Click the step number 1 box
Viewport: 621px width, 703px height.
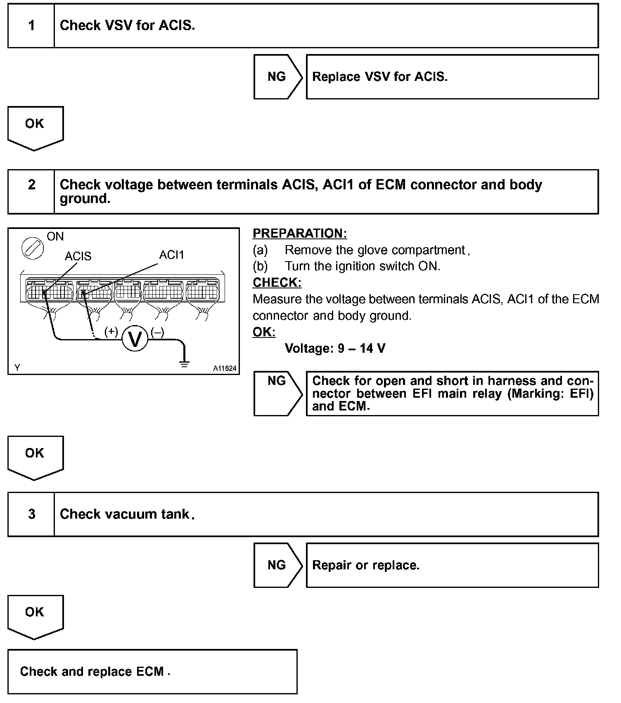click(31, 26)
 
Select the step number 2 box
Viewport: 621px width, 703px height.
click(31, 191)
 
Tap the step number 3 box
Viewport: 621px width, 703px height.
click(31, 514)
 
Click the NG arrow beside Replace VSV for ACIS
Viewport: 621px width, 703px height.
click(277, 77)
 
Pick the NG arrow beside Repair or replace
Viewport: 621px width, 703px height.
click(277, 565)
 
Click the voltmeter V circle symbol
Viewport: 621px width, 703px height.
click(135, 338)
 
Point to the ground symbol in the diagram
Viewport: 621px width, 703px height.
click(184, 363)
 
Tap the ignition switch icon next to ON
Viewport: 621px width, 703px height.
click(33, 248)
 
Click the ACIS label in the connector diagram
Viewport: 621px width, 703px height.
click(78, 256)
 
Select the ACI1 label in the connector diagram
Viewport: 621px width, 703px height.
click(171, 255)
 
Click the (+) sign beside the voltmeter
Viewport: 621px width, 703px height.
click(111, 331)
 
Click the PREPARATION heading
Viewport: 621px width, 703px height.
click(300, 234)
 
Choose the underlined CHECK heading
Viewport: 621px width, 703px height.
click(277, 283)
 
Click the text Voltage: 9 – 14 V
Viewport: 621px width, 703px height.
click(335, 349)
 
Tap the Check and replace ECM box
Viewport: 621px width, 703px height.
click(152, 671)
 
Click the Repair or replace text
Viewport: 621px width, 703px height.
click(366, 565)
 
